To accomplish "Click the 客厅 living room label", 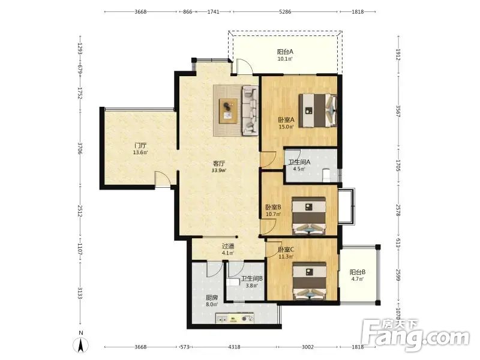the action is (219, 163).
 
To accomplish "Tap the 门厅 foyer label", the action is (140, 145).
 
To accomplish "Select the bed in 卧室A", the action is (318, 110).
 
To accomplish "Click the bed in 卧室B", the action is (308, 216).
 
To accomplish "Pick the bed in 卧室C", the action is (309, 281).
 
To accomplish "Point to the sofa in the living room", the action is (250, 110).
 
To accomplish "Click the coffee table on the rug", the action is (228, 111).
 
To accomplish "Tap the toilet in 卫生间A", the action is (326, 175).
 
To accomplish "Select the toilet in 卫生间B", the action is (233, 282).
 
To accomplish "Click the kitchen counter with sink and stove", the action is (235, 318).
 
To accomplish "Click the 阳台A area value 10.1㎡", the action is (285, 59).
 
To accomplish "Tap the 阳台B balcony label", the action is (358, 272).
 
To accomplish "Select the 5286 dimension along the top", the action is (286, 11).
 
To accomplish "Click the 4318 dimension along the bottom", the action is (234, 347).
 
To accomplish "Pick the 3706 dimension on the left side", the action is (80, 148).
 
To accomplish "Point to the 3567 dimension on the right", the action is (398, 112).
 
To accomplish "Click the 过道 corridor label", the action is (228, 246).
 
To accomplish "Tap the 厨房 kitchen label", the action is (212, 297).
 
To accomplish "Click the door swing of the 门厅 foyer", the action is (162, 179).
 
